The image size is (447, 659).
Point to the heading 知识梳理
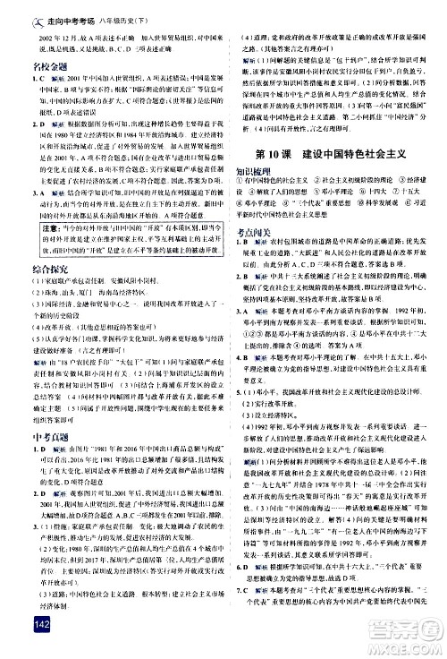[x=253, y=168]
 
